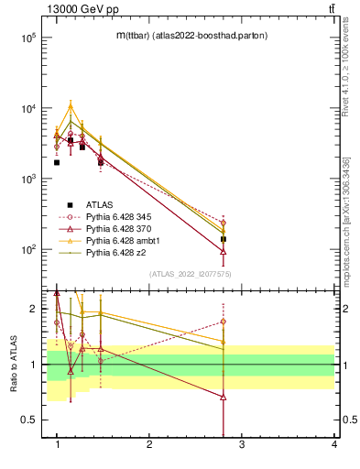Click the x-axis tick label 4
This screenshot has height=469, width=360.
(x=334, y=444)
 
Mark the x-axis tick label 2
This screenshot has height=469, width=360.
(x=149, y=444)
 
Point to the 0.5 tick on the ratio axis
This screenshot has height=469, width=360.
(x=29, y=420)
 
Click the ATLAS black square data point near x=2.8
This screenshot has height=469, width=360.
(x=224, y=239)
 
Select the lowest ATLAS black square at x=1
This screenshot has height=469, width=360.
(x=57, y=162)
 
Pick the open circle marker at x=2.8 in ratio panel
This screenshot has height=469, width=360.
(x=224, y=322)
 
